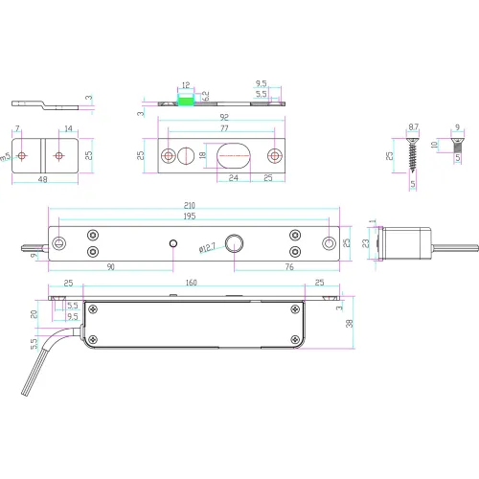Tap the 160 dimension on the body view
pyautogui.click(x=192, y=283)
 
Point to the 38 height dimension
pyautogui.click(x=352, y=324)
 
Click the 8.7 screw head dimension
pyautogui.click(x=413, y=126)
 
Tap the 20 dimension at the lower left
pyautogui.click(x=35, y=313)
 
